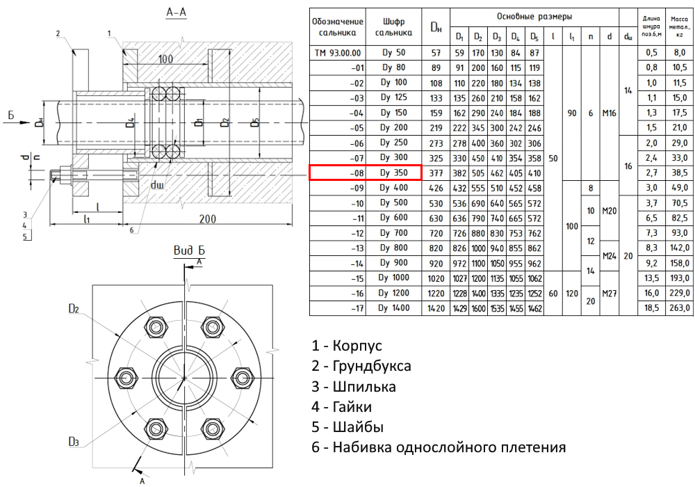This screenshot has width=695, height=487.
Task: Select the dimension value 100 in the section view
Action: click(x=165, y=60)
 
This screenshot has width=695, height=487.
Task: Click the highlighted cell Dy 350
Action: click(x=395, y=173)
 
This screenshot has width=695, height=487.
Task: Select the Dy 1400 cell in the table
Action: click(x=395, y=308)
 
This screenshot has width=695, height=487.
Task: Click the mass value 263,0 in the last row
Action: click(x=676, y=308)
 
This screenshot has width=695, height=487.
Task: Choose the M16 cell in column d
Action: click(x=610, y=113)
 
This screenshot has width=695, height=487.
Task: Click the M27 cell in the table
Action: click(x=610, y=293)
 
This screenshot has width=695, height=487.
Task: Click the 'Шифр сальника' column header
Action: click(x=394, y=26)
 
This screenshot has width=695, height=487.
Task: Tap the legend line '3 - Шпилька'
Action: click(x=354, y=386)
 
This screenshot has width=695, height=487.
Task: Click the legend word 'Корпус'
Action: click(x=357, y=346)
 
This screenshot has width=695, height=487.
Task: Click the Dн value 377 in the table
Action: click(x=436, y=173)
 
